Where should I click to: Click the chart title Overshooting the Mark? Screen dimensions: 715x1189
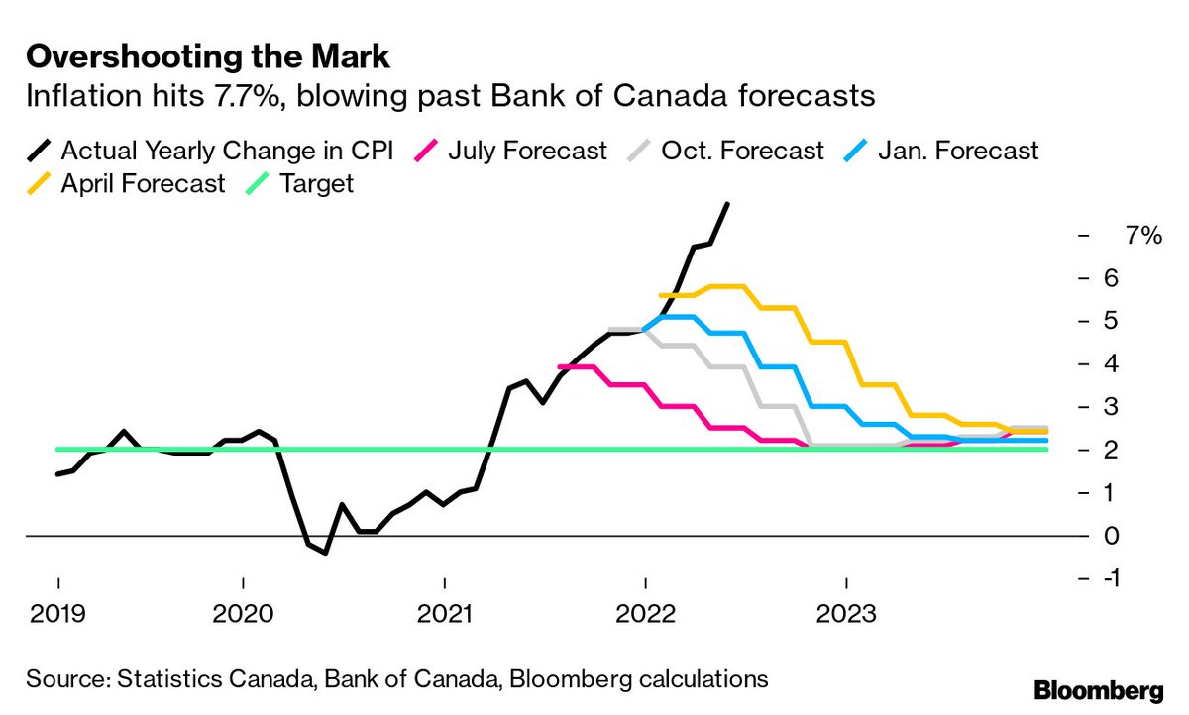coord(208,56)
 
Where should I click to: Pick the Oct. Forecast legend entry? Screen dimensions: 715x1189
coord(742,151)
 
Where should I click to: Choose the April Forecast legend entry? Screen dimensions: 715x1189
coord(143,183)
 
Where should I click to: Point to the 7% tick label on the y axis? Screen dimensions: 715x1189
coord(1142,235)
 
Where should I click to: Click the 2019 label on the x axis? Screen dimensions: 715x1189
coord(57,614)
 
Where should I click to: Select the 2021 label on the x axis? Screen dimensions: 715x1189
coord(445,614)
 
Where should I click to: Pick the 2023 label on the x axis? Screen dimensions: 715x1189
coord(845,614)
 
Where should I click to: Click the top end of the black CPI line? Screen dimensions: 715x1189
coord(728,204)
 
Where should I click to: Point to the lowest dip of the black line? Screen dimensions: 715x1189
coord(325,553)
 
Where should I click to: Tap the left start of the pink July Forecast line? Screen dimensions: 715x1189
coord(561,367)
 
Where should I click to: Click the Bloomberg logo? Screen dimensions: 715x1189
coord(1097,688)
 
